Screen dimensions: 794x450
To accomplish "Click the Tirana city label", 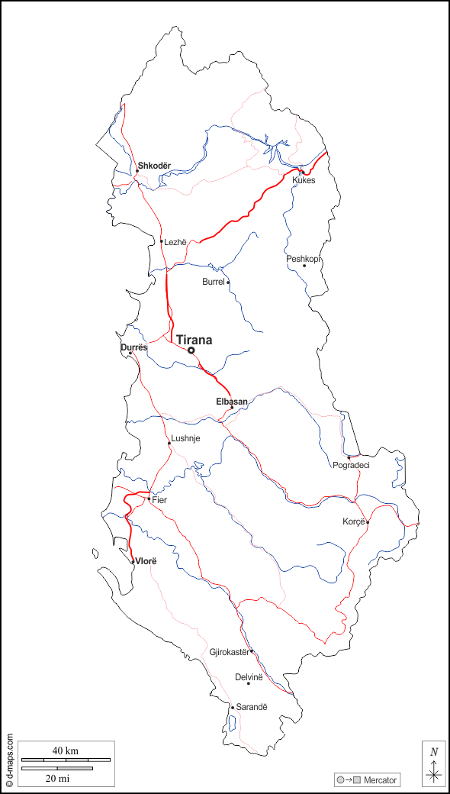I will pyautogui.click(x=194, y=341).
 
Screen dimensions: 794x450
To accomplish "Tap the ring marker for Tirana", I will pyautogui.click(x=191, y=350).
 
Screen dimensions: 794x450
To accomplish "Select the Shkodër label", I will pyautogui.click(x=154, y=166).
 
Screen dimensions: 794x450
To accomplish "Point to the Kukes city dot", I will pyautogui.click(x=302, y=172).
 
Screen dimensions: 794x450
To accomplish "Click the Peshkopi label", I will pyautogui.click(x=304, y=259).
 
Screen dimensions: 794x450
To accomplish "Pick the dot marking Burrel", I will pyautogui.click(x=228, y=282).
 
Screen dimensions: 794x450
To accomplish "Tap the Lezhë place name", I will pyautogui.click(x=175, y=242).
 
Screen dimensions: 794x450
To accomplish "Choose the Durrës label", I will pyautogui.click(x=133, y=347).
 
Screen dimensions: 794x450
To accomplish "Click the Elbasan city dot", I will pyautogui.click(x=232, y=407).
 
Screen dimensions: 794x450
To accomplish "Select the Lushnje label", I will pyautogui.click(x=185, y=438).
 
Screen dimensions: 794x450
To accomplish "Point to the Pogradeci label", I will pyautogui.click(x=351, y=465).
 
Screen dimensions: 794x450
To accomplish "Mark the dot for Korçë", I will pyautogui.click(x=368, y=523).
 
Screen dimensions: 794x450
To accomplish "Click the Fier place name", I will pyautogui.click(x=159, y=500).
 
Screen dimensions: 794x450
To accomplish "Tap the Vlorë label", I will pyautogui.click(x=145, y=561).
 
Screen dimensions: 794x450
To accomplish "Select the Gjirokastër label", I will pyautogui.click(x=230, y=652).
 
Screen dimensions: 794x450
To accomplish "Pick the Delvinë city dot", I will pyautogui.click(x=248, y=683).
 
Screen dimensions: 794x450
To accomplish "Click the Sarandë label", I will pyautogui.click(x=252, y=707).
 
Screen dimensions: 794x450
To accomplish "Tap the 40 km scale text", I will pyautogui.click(x=66, y=751).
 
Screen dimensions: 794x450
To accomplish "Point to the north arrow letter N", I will pyautogui.click(x=433, y=751).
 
